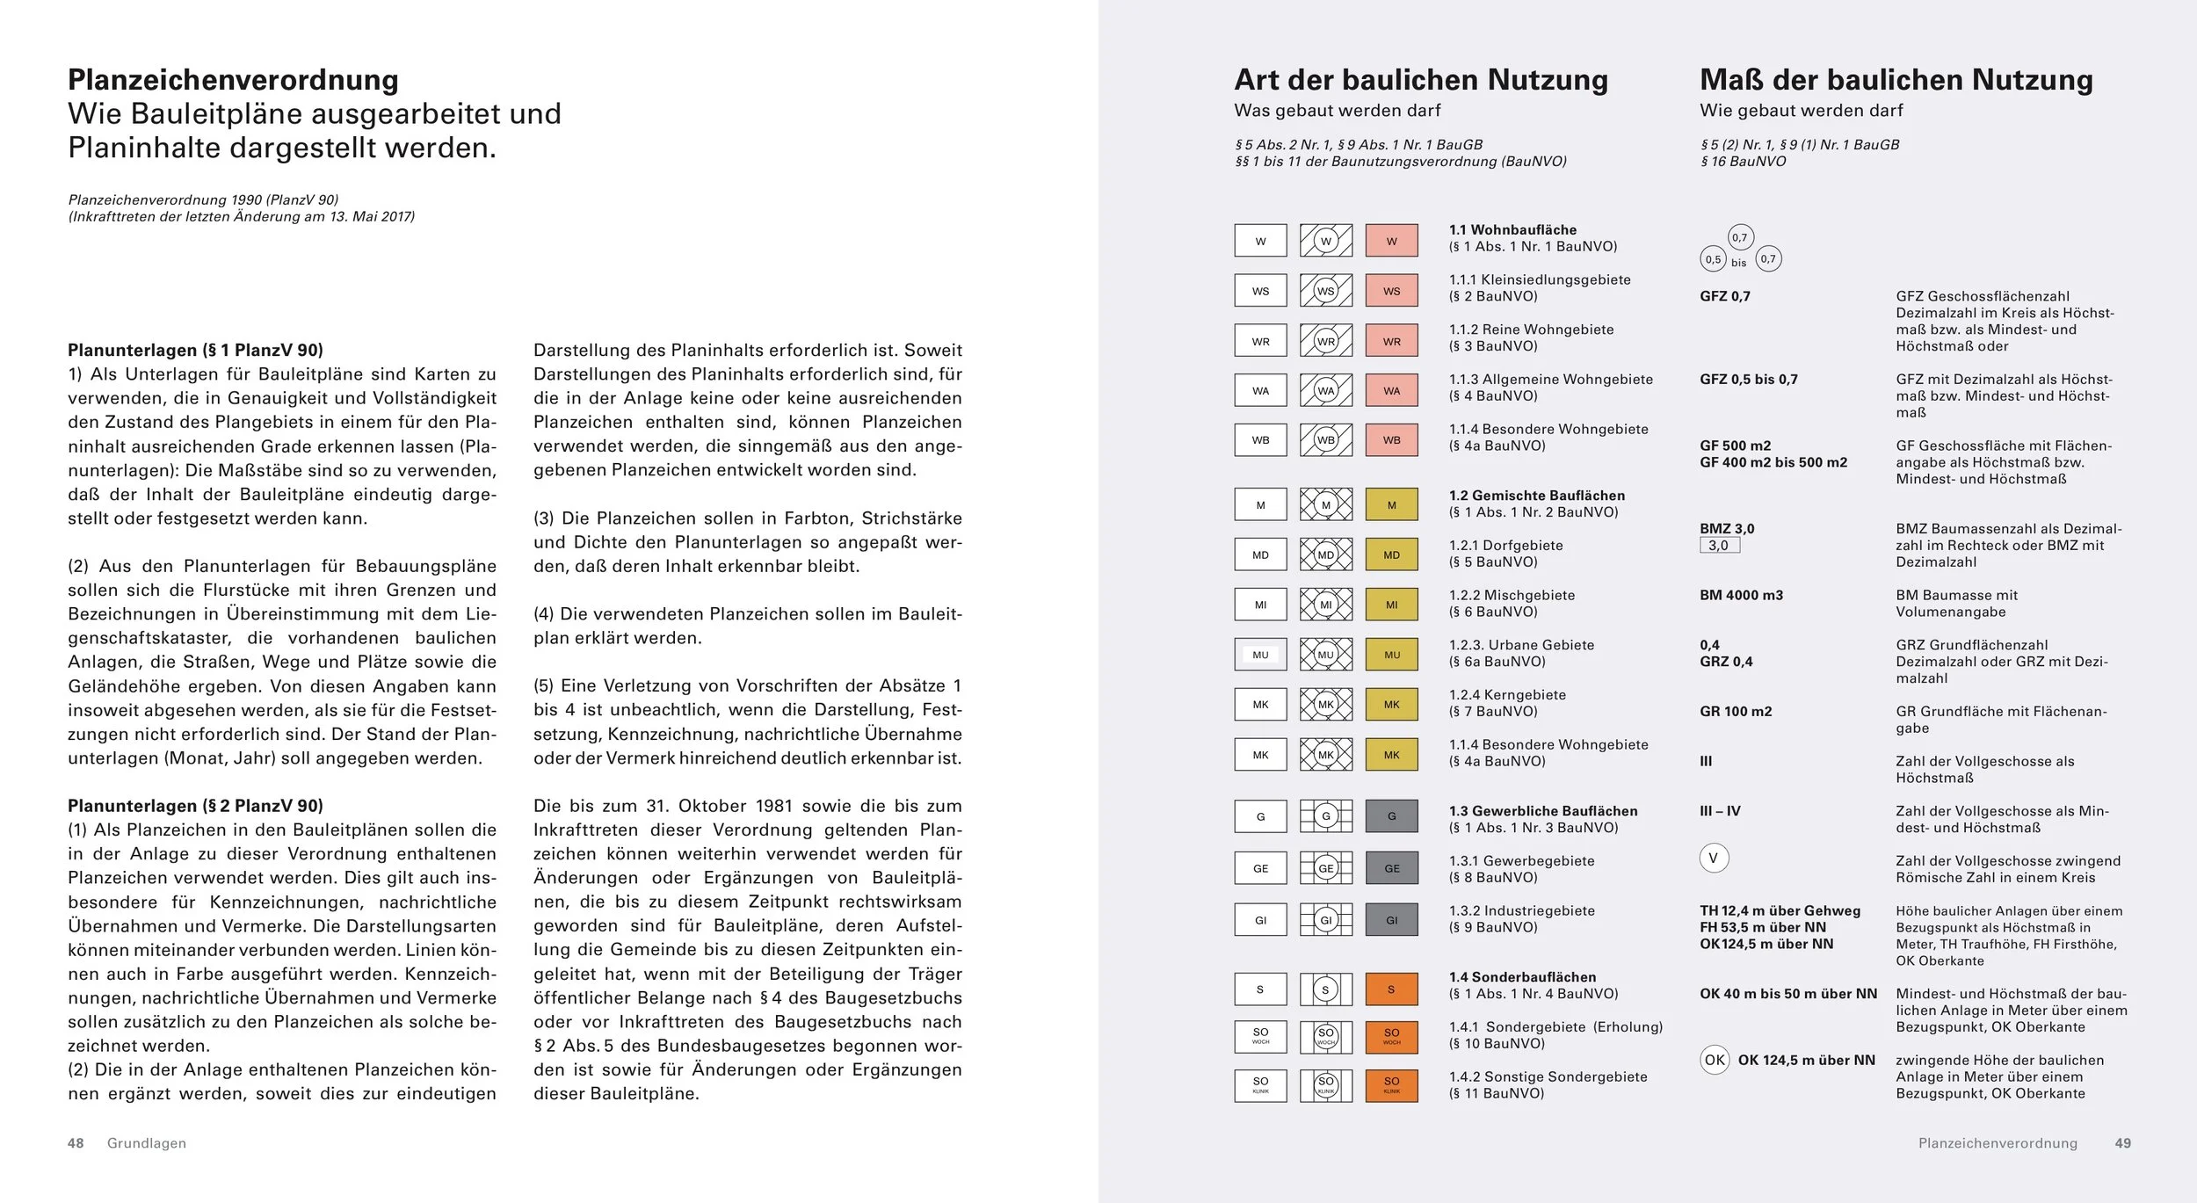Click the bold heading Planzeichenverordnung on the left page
tap(233, 80)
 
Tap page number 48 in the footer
tap(76, 1143)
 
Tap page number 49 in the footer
tap(2122, 1143)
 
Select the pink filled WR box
tap(1391, 341)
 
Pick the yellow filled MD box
tap(1391, 554)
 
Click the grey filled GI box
tap(1391, 920)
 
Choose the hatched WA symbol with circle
tap(1326, 390)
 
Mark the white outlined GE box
tap(1260, 868)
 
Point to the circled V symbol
tap(1714, 859)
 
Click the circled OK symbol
tap(1715, 1060)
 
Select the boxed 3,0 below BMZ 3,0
tap(1719, 546)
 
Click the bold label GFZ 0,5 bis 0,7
tap(1749, 380)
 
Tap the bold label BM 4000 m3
tap(1741, 595)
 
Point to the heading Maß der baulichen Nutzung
tap(1896, 80)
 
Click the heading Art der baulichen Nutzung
tap(1421, 80)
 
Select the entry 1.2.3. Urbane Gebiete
tap(1521, 645)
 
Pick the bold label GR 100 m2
tap(1736, 711)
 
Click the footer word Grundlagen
tap(147, 1143)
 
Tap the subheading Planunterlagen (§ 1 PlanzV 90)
tap(195, 350)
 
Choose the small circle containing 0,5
tap(1713, 259)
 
